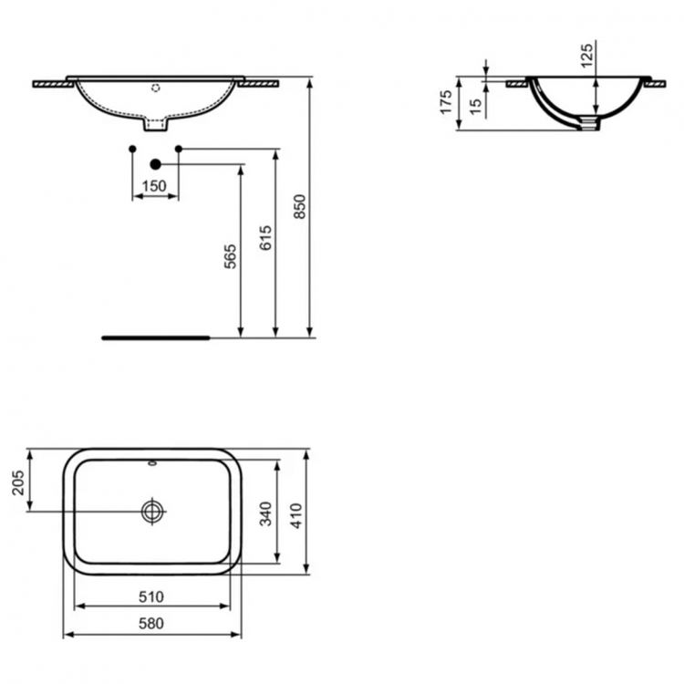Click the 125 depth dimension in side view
pos(586,54)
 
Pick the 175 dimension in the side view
pos(446,101)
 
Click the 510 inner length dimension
pos(151,597)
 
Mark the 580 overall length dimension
pos(151,625)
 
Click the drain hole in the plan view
pos(152,512)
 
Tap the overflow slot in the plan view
pos(152,464)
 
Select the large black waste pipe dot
pos(155,164)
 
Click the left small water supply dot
pos(133,148)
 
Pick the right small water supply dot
pos(178,148)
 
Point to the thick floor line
pos(156,337)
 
